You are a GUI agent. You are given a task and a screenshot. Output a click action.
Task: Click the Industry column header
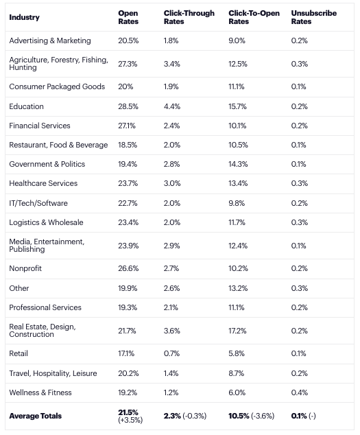point(24,17)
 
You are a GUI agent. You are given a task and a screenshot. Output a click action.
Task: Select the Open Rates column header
point(128,17)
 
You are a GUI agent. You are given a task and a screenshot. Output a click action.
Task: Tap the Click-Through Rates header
point(189,17)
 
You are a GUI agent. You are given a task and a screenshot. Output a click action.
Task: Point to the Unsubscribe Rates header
point(313,17)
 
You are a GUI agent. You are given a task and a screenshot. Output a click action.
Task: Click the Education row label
point(26,106)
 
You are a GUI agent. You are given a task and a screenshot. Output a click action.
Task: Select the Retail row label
point(19,353)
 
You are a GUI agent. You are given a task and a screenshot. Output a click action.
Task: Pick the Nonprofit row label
point(25,268)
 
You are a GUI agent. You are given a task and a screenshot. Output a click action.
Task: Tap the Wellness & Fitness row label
point(40,392)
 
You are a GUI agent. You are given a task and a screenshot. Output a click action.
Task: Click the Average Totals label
point(35,416)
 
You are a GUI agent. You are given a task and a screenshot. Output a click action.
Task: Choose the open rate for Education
point(128,106)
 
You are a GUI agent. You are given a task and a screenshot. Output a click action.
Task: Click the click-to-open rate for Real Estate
point(238,331)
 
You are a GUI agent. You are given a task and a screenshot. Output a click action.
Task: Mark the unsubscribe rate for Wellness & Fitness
point(299,392)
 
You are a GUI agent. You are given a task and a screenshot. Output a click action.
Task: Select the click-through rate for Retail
point(171,353)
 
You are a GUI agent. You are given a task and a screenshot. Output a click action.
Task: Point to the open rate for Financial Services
point(127,126)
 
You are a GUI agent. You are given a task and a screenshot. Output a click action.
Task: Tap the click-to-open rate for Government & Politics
point(238,164)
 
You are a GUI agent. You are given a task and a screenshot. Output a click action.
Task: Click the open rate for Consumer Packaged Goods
point(125,86)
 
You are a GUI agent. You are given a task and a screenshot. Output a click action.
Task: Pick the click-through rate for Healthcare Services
point(172,183)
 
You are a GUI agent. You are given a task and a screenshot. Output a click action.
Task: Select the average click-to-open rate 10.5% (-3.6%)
point(251,416)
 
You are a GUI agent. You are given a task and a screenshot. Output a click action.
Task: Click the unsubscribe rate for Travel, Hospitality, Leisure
point(299,373)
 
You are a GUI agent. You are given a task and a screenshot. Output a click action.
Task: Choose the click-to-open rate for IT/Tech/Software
point(237,203)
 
